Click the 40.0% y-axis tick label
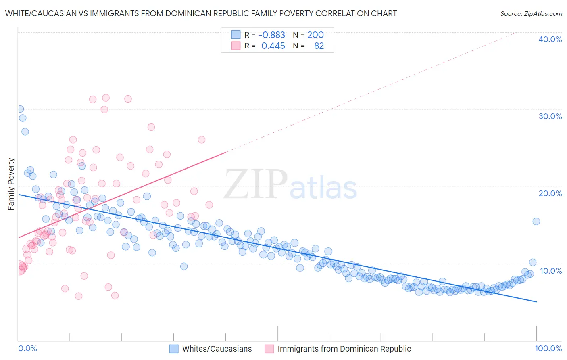coord(550,39)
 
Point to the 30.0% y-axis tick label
coord(550,116)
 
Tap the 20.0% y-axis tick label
coord(550,193)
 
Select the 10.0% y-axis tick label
coord(550,271)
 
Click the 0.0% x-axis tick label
coord(27,348)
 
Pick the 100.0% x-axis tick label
coord(548,348)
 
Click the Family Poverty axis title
coord(11,184)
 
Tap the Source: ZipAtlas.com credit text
coord(531,13)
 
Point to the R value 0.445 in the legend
coord(273,46)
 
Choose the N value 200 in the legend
coord(315,35)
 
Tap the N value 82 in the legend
coord(319,46)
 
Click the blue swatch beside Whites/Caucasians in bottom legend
coord(174,349)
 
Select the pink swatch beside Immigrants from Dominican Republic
coord(269,349)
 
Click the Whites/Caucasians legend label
coord(217,349)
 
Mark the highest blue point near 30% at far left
coord(20,109)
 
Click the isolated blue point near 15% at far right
coord(536,221)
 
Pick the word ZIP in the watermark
coord(256,184)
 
